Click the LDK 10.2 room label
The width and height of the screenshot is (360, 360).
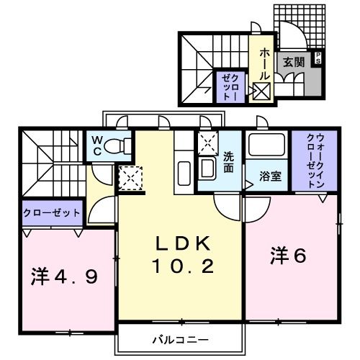tap(183, 255)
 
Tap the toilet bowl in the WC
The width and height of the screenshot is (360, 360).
tap(117, 146)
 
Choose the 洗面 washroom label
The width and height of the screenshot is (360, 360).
tap(229, 162)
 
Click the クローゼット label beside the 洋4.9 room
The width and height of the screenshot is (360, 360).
tap(51, 213)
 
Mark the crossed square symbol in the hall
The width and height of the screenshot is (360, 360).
tap(261, 91)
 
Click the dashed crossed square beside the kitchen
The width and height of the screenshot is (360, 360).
tap(130, 178)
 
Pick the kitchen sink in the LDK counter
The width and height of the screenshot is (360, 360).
tap(181, 173)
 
